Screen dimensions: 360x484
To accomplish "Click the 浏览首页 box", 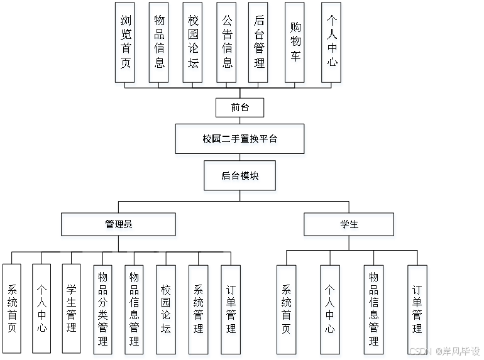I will click(x=126, y=44).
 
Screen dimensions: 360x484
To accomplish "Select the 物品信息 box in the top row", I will click(x=160, y=44).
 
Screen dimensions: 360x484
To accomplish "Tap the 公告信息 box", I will click(x=228, y=44).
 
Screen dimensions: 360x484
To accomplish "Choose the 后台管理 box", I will click(x=259, y=44).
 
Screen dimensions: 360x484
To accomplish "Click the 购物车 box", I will click(x=295, y=44).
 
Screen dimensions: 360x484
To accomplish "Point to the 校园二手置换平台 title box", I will click(x=241, y=140).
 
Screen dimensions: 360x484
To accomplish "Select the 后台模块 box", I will click(x=240, y=177).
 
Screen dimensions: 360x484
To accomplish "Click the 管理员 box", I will click(x=119, y=226).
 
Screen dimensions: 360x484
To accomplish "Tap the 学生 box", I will click(x=349, y=226).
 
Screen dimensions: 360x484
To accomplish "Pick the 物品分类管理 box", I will click(x=104, y=310).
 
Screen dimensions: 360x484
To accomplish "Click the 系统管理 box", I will click(x=199, y=310).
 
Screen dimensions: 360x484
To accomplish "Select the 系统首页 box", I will click(x=287, y=310).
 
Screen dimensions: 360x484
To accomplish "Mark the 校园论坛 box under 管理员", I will click(x=167, y=310).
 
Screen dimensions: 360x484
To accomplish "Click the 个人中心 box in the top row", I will click(x=332, y=44).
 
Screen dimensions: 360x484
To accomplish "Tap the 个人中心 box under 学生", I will click(x=331, y=310).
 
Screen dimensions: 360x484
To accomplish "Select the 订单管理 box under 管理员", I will click(x=231, y=310).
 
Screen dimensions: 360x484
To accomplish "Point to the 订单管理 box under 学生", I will click(x=418, y=310).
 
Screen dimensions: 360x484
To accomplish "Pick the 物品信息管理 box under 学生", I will click(x=375, y=310).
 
